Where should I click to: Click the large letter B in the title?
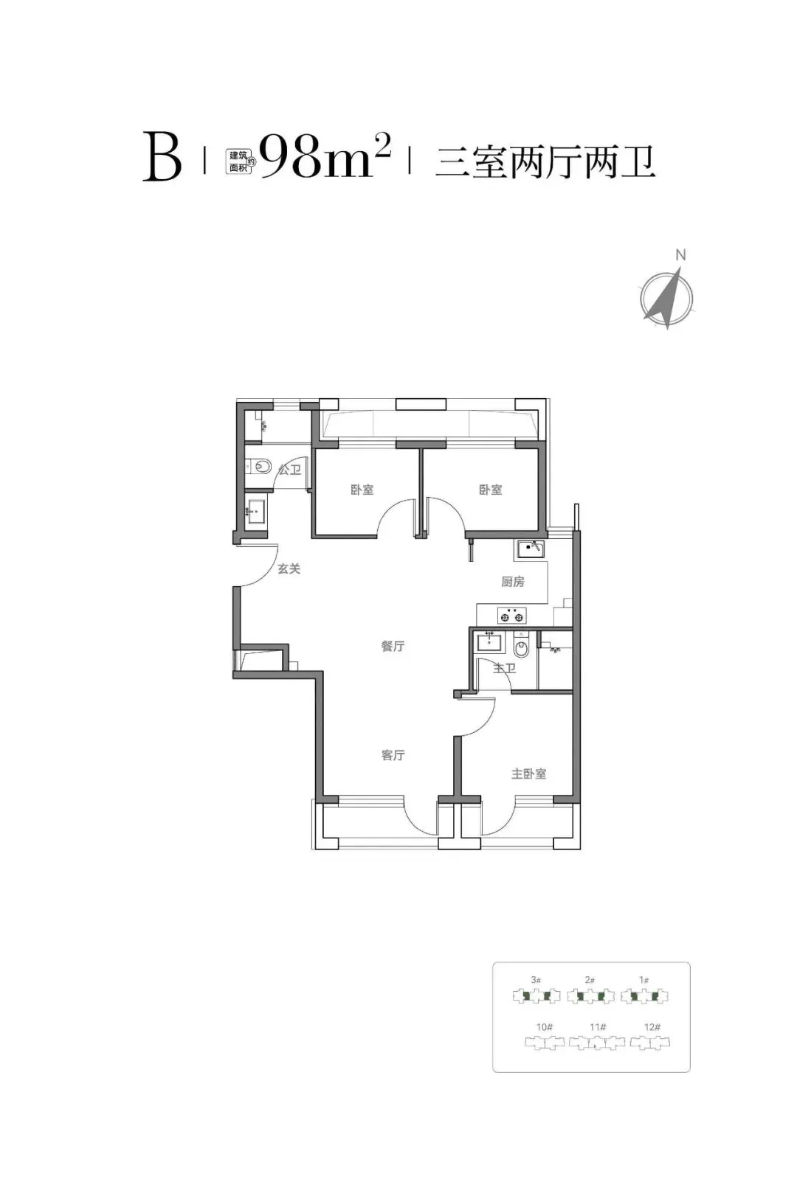(162, 157)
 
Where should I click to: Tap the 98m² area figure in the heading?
(325, 156)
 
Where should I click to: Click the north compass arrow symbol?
(666, 297)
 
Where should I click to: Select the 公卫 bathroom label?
(289, 470)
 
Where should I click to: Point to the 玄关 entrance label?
(289, 568)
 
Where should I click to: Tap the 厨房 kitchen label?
(513, 581)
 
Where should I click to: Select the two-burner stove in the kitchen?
(511, 615)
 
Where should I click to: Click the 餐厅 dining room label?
(393, 646)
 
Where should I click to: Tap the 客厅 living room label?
(393, 755)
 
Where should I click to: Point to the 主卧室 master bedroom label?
(528, 773)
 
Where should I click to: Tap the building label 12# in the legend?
(652, 1026)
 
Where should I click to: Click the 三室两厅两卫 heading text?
(545, 163)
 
